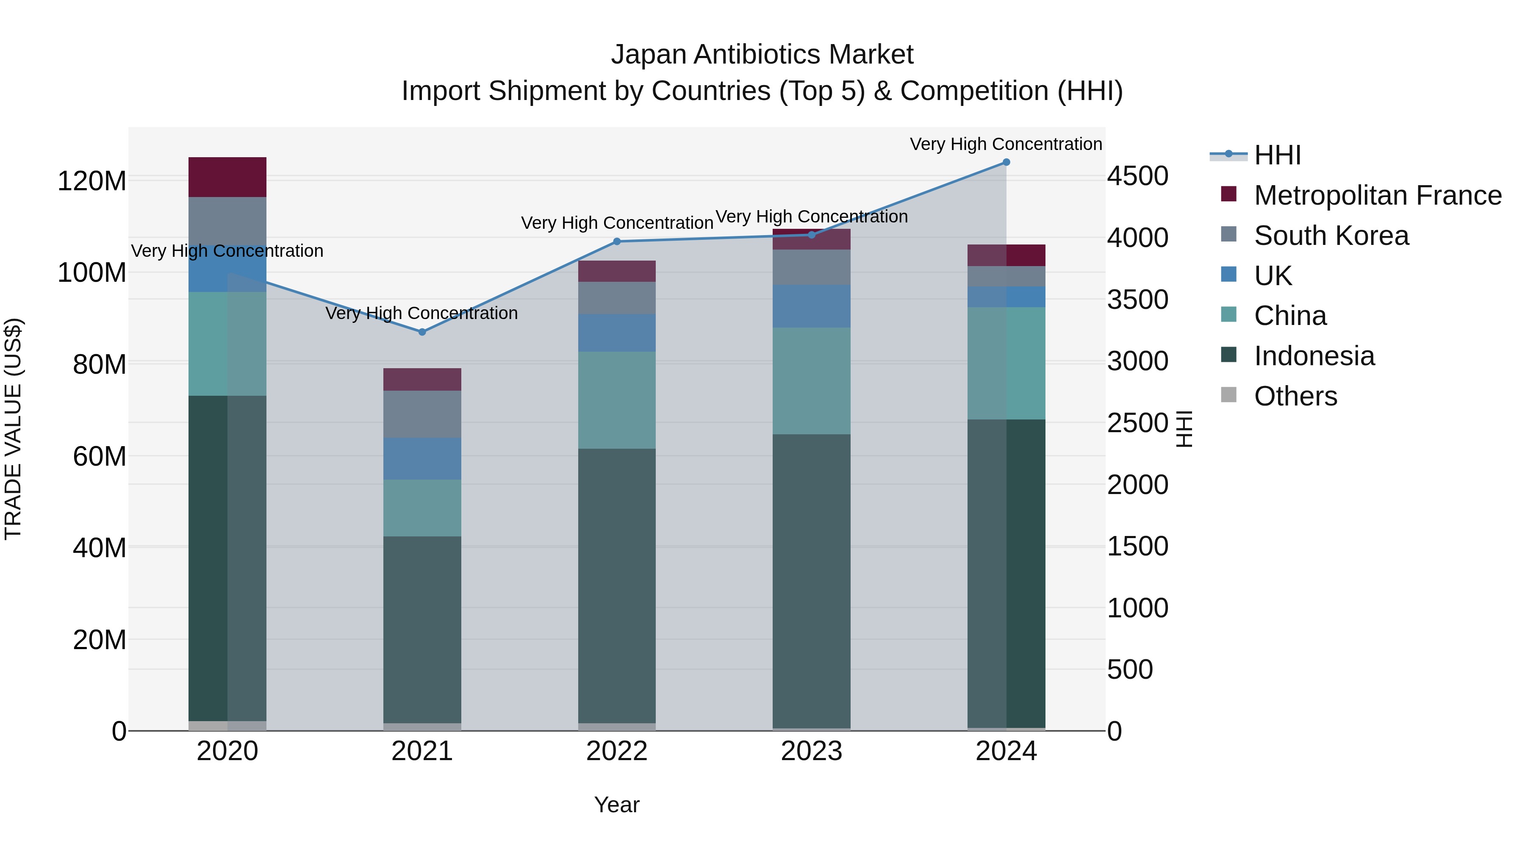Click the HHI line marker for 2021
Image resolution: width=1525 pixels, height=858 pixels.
pyautogui.click(x=422, y=332)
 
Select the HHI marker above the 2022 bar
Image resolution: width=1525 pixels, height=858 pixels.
pyautogui.click(x=617, y=242)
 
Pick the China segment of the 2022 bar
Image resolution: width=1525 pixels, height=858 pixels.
pyautogui.click(x=617, y=400)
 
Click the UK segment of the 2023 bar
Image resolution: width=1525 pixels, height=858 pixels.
pyautogui.click(x=812, y=306)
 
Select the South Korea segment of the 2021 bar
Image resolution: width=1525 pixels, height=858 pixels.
pyautogui.click(x=422, y=414)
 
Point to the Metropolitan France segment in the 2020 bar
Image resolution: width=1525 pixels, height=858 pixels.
pyautogui.click(x=227, y=177)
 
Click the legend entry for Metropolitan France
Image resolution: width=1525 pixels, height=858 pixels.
pyautogui.click(x=1378, y=195)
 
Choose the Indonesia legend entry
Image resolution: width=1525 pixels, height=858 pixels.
pyautogui.click(x=1314, y=356)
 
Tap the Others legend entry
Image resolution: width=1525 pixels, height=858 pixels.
pyautogui.click(x=1295, y=396)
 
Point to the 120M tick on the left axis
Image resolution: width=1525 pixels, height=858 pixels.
pyautogui.click(x=92, y=180)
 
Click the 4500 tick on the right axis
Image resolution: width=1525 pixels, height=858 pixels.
pyautogui.click(x=1137, y=176)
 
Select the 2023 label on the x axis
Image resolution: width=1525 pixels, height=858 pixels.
pyautogui.click(x=812, y=751)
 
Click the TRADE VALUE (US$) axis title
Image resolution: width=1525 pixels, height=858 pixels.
pyautogui.click(x=13, y=429)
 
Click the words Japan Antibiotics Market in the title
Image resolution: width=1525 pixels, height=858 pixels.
pyautogui.click(x=762, y=55)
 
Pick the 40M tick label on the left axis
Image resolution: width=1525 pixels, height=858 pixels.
pyautogui.click(x=100, y=548)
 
